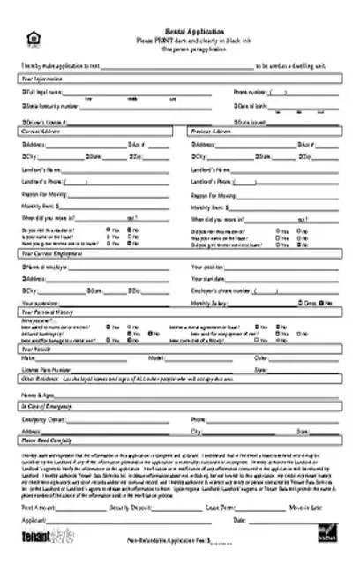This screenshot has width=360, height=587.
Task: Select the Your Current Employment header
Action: tap(51, 252)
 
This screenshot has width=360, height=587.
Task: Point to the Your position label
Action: tap(208, 266)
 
